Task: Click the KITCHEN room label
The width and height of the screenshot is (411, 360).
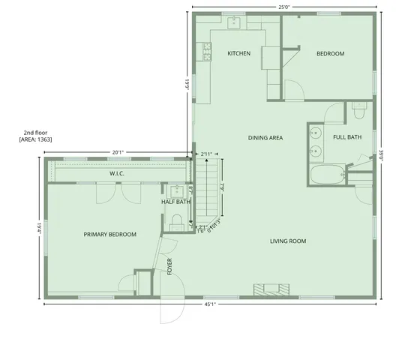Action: coord(238,53)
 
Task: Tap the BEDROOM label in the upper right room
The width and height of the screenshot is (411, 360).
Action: coord(330,53)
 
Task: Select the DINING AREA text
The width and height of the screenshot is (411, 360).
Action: coord(265,137)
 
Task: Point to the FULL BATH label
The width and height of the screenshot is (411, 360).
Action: coord(347,137)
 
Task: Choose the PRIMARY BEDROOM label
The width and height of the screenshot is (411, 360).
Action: coord(110,235)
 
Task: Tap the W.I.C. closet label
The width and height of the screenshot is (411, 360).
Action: coord(116,173)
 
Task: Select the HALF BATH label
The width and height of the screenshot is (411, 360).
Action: coord(175,202)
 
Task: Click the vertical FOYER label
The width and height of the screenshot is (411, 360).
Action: coord(169,265)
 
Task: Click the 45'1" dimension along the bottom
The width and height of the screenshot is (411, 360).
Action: coord(209,304)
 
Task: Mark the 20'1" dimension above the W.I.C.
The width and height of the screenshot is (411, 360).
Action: coord(118,152)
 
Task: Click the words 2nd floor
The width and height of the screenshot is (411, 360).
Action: coord(34,132)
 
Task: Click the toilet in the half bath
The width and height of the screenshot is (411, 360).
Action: coord(177,220)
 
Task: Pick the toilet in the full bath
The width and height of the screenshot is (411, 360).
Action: coord(358,112)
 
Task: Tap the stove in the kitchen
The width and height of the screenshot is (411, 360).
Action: coord(206,51)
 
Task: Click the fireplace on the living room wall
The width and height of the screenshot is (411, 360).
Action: coord(271,289)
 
